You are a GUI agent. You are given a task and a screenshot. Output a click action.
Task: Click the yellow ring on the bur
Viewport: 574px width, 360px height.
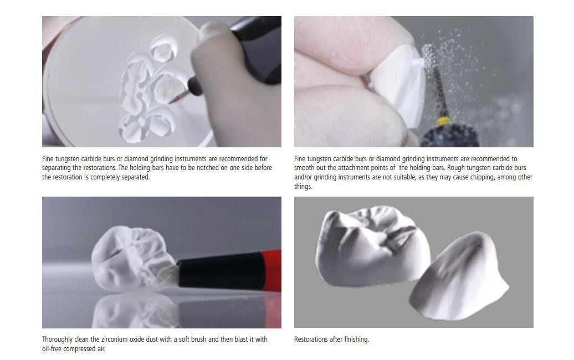click(x=444, y=120)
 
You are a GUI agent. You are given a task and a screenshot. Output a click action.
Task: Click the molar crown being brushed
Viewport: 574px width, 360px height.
click(x=132, y=259)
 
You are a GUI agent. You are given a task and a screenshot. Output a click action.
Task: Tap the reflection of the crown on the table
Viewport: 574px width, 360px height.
click(x=135, y=311)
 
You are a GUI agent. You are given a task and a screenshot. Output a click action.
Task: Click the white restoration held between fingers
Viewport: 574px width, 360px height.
click(x=397, y=86)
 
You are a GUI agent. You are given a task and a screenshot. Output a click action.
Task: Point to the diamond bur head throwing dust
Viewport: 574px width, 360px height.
click(x=428, y=59)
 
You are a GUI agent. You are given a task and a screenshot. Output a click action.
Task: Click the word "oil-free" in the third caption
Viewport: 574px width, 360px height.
click(x=52, y=349)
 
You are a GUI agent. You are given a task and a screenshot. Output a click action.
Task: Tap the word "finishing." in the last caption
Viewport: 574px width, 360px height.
click(x=357, y=340)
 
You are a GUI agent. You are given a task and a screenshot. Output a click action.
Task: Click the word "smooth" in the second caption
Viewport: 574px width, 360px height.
click(x=304, y=168)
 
